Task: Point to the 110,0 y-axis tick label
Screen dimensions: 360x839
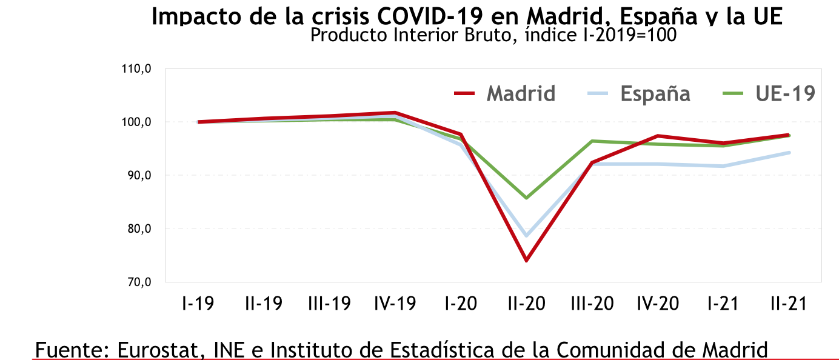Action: click(136, 69)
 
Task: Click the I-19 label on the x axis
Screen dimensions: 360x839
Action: click(198, 303)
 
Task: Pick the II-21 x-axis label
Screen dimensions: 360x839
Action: click(788, 303)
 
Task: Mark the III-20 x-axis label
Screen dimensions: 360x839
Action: click(591, 303)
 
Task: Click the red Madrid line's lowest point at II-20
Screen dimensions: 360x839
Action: click(526, 261)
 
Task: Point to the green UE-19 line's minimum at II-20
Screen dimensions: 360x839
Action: click(526, 198)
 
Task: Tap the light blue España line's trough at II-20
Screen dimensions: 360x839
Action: click(526, 236)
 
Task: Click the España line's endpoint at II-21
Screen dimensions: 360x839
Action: click(789, 153)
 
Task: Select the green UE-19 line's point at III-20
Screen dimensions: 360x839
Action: click(592, 141)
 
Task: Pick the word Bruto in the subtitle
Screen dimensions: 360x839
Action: click(480, 35)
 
